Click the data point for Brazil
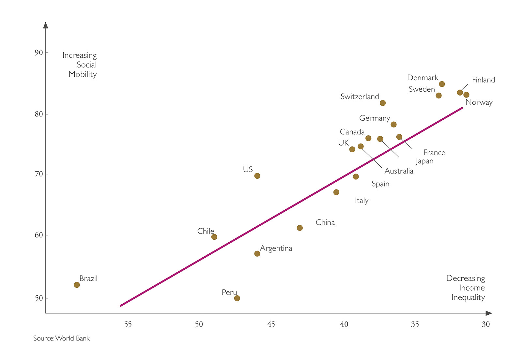[x=77, y=285]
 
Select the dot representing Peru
[x=237, y=298]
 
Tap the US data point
[x=257, y=176]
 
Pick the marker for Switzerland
[x=383, y=103]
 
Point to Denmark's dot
[x=442, y=84]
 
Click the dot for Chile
[x=214, y=237]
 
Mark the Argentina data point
[x=257, y=253]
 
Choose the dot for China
[x=299, y=228]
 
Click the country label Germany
[x=375, y=118]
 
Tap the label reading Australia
[x=399, y=171]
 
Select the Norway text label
[x=479, y=102]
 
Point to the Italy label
[x=361, y=201]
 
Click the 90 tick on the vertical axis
[x=38, y=53]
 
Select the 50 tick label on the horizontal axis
[x=199, y=324]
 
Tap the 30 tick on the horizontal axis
[x=486, y=324]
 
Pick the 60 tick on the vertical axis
[x=38, y=235]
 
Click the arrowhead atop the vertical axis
[x=46, y=25]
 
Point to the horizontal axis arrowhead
[x=489, y=313]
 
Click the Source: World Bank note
[x=61, y=338]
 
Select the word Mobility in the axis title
[x=83, y=74]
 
